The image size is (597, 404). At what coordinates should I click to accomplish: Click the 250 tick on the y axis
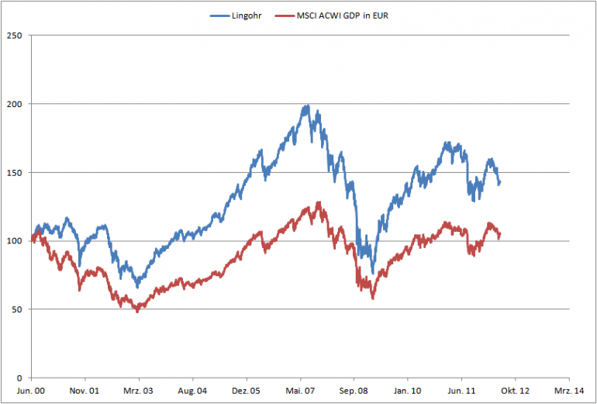[x=13, y=35]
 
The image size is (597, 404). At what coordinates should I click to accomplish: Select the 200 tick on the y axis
[x=13, y=104]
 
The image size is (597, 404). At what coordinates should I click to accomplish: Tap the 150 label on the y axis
[x=13, y=172]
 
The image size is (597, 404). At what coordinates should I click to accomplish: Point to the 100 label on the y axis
[x=13, y=241]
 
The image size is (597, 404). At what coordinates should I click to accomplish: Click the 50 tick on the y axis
[x=16, y=309]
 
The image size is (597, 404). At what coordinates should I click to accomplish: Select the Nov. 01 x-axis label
[x=85, y=392]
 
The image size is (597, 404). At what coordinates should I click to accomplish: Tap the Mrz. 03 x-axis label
[x=139, y=392]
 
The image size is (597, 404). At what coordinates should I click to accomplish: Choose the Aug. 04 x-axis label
[x=192, y=392]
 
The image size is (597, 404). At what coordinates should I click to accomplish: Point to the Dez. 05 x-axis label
[x=246, y=392]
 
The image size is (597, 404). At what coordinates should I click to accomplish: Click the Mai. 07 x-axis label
[x=300, y=392]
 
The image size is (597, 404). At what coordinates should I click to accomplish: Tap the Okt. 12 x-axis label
[x=515, y=392]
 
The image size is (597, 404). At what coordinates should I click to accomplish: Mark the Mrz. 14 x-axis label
[x=568, y=392]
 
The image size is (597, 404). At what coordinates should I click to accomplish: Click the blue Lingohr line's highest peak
[x=307, y=106]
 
